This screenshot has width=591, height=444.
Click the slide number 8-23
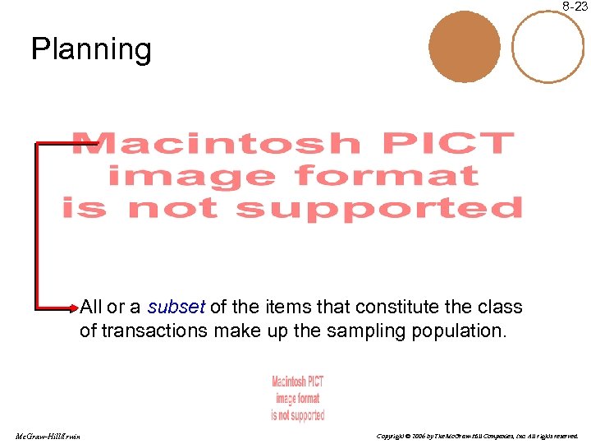[575, 7]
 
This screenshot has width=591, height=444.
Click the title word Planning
[91, 50]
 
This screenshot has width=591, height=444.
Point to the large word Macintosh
[216, 144]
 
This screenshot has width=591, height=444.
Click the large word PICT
[447, 144]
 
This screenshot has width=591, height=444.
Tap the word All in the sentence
[91, 308]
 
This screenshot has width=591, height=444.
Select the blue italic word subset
[176, 308]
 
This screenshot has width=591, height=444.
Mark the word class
[500, 308]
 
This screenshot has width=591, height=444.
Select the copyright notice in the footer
[477, 435]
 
